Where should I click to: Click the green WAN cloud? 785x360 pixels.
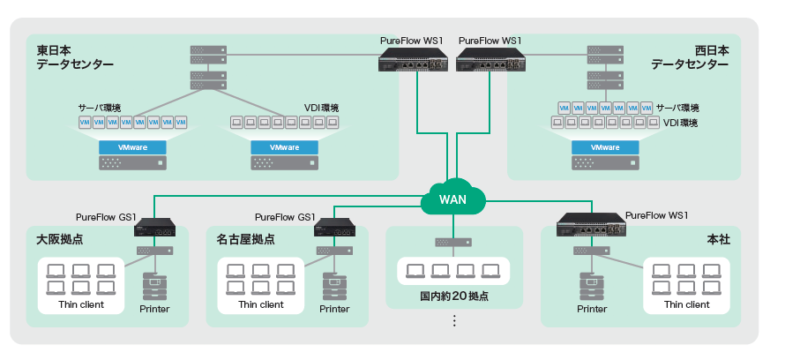pyautogui.click(x=454, y=199)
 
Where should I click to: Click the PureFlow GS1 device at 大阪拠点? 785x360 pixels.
pyautogui.click(x=160, y=228)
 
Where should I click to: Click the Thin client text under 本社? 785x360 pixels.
pyautogui.click(x=686, y=304)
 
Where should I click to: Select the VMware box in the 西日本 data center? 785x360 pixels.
pyautogui.click(x=604, y=147)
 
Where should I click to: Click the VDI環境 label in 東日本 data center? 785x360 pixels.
pyautogui.click(x=321, y=108)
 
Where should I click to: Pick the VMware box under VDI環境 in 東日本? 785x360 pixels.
pyautogui.click(x=284, y=147)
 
